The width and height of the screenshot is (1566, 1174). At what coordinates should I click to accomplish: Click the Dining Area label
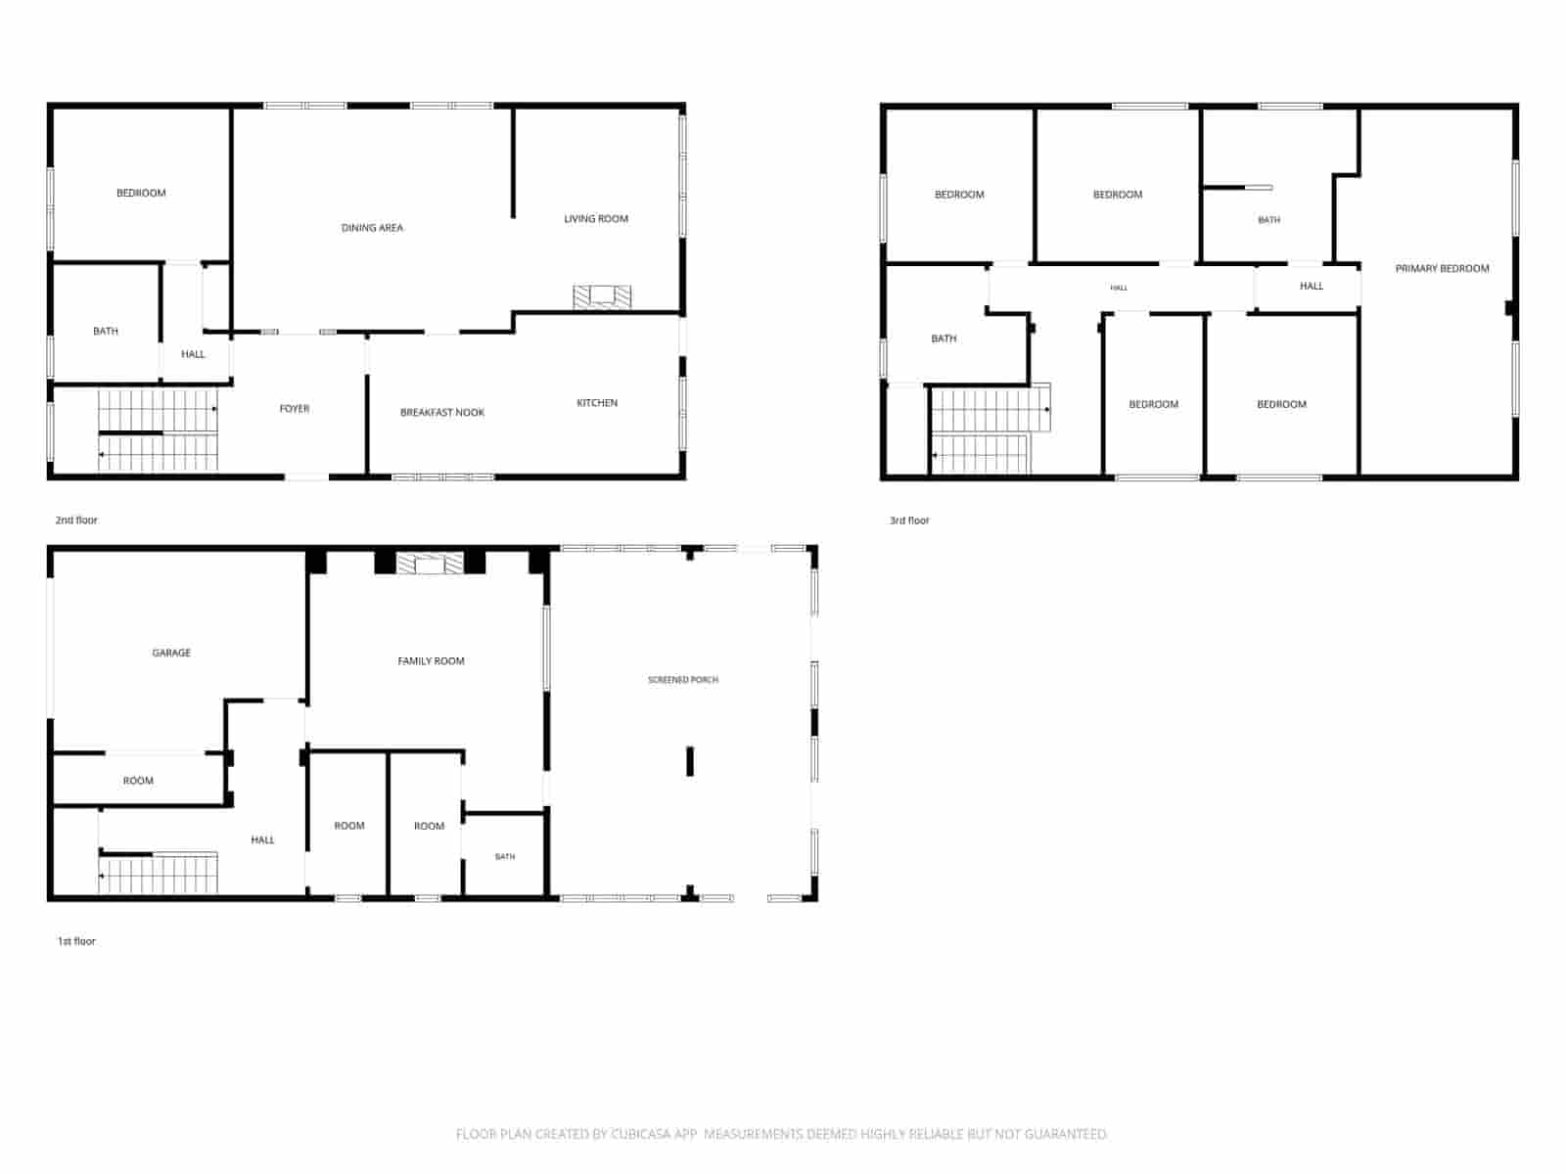372,228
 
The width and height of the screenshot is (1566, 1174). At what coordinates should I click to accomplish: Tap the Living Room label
596,219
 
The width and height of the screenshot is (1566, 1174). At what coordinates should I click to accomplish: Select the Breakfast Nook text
442,413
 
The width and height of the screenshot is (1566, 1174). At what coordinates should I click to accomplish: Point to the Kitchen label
597,403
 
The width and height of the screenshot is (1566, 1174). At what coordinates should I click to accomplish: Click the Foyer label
295,409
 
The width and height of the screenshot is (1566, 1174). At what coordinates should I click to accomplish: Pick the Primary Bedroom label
1442,269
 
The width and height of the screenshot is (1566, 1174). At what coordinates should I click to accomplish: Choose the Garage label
171,653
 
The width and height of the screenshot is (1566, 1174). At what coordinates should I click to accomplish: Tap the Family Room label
431,661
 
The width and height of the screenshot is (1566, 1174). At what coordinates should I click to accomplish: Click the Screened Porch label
683,680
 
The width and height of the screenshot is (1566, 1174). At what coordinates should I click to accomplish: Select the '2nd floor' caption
76,520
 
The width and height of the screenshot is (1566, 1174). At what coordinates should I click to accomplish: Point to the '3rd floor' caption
909,521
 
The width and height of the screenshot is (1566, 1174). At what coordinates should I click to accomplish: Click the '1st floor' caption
76,941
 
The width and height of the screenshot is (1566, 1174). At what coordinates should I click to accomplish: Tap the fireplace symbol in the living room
602,297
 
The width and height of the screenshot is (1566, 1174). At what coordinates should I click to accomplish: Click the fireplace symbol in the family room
431,564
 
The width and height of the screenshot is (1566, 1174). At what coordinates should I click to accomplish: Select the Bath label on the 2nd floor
106,332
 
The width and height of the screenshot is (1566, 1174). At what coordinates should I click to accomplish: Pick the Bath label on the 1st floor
505,857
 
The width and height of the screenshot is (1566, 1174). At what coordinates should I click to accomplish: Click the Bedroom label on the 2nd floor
141,193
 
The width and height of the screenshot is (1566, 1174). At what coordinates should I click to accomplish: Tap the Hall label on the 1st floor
262,840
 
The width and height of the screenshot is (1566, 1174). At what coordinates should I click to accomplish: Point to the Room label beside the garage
138,782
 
